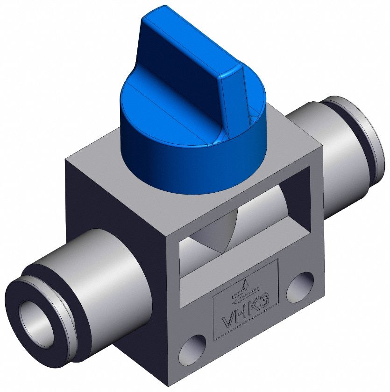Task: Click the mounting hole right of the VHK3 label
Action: click(300, 286)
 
